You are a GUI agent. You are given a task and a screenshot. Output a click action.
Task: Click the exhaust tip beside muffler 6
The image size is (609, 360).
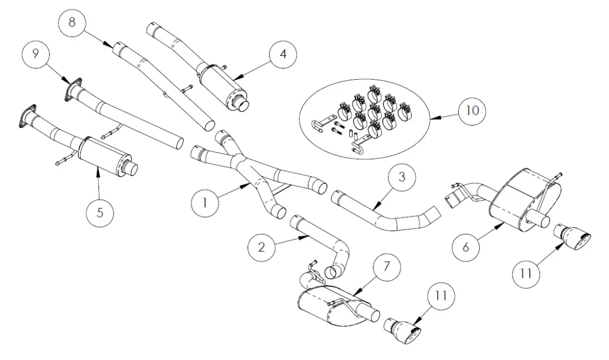tap(572, 233)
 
